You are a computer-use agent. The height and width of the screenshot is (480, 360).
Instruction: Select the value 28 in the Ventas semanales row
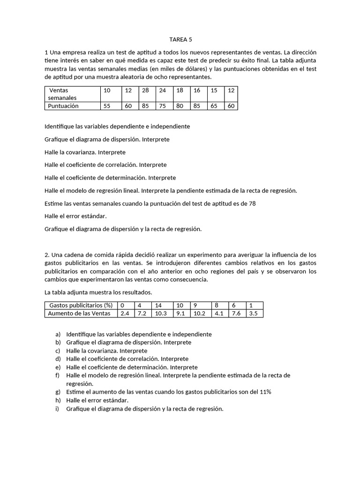pos(145,90)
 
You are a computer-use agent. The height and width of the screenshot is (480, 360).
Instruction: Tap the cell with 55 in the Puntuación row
pos(107,106)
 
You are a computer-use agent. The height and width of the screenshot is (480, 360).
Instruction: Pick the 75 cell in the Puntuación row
pos(162,106)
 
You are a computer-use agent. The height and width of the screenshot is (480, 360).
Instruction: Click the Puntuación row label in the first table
pos(64,106)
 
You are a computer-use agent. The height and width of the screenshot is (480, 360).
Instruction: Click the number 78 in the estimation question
pos(252,203)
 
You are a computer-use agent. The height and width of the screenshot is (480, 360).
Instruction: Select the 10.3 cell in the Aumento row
pos(161,313)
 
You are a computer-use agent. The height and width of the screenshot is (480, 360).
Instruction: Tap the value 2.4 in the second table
pos(125,313)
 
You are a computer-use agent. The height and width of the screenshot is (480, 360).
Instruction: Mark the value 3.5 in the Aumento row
pos(253,313)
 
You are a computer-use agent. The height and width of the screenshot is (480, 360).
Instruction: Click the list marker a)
pos(58,334)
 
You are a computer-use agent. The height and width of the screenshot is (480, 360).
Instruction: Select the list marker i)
pos(58,408)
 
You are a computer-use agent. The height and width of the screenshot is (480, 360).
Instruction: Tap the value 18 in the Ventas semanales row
pos(180,90)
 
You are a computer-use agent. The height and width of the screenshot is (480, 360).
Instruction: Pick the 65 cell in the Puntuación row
pos(214,106)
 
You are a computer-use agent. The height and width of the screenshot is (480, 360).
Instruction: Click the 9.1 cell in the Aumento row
pos(181,313)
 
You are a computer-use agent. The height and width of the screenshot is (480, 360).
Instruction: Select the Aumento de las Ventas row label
pos(79,313)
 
